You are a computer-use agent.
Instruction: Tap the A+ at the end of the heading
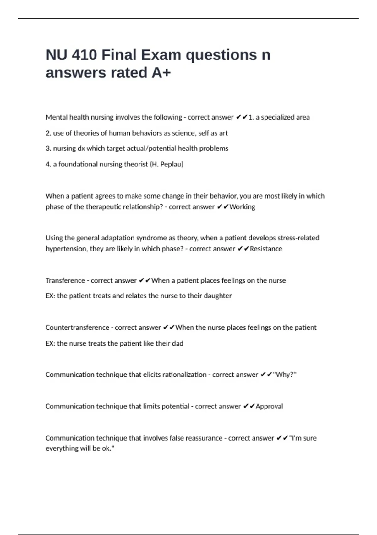coord(161,73)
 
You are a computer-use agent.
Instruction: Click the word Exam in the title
coord(161,55)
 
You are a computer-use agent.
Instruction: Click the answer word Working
coord(242,207)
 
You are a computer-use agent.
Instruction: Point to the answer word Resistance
coord(266,249)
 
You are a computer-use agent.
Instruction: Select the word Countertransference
coord(77,328)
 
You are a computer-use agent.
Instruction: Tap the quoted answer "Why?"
coord(285,374)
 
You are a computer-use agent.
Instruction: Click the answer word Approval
coord(269,406)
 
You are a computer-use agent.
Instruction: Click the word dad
coord(178,343)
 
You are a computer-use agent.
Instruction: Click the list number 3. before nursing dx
coord(48,149)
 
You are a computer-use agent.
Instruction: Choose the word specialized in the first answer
coord(277,117)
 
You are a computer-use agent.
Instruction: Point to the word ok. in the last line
coord(108,448)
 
